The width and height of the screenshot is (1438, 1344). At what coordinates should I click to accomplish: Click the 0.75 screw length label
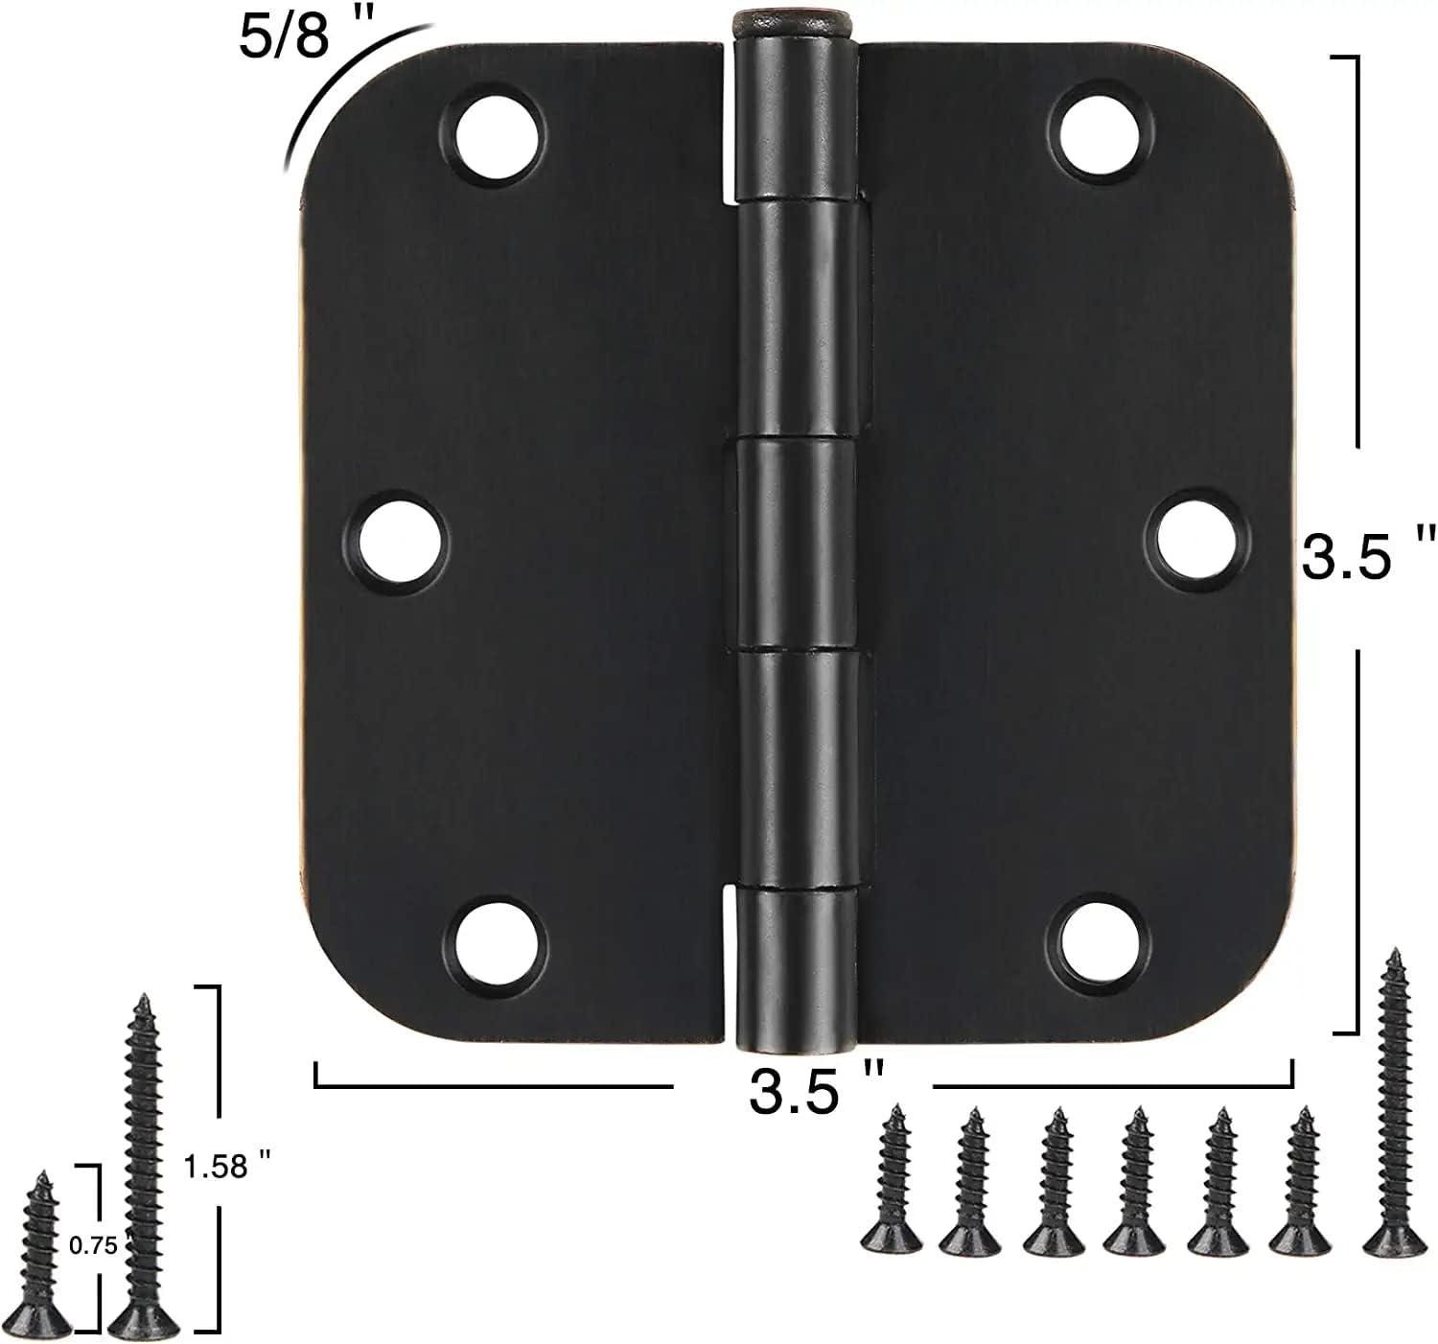click(94, 1245)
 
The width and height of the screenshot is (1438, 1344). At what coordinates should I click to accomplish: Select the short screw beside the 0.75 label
click(43, 1251)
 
